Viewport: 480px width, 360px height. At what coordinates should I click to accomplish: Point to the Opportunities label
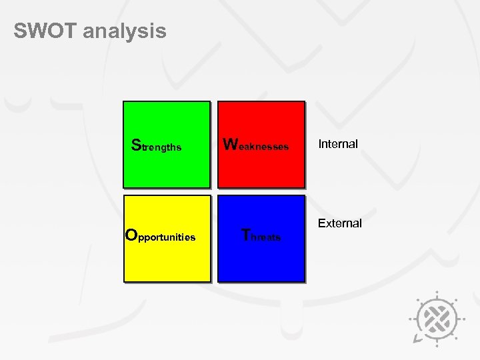click(x=161, y=236)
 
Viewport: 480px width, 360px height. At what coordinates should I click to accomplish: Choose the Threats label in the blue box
click(x=261, y=236)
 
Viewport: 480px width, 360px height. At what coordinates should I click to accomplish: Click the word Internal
click(x=338, y=144)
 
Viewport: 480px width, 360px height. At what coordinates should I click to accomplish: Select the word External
click(x=339, y=223)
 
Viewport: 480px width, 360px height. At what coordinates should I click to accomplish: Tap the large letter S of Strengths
click(x=136, y=145)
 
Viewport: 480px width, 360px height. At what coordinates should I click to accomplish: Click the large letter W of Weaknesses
click(x=230, y=144)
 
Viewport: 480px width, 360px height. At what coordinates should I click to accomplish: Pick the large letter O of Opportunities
click(x=131, y=235)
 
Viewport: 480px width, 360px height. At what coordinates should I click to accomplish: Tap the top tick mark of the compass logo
click(x=437, y=293)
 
